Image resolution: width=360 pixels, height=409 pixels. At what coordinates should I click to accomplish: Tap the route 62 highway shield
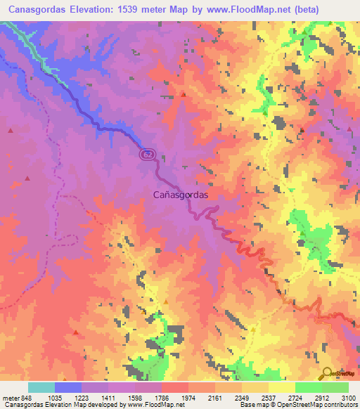coord(146,154)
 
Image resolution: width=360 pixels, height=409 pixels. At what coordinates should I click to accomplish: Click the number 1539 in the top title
coord(127,10)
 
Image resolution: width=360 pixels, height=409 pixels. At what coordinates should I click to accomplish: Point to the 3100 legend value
coord(348,397)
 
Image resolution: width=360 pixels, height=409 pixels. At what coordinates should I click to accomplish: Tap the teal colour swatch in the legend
coord(41,387)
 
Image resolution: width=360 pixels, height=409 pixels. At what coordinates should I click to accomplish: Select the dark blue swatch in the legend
coord(68,387)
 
